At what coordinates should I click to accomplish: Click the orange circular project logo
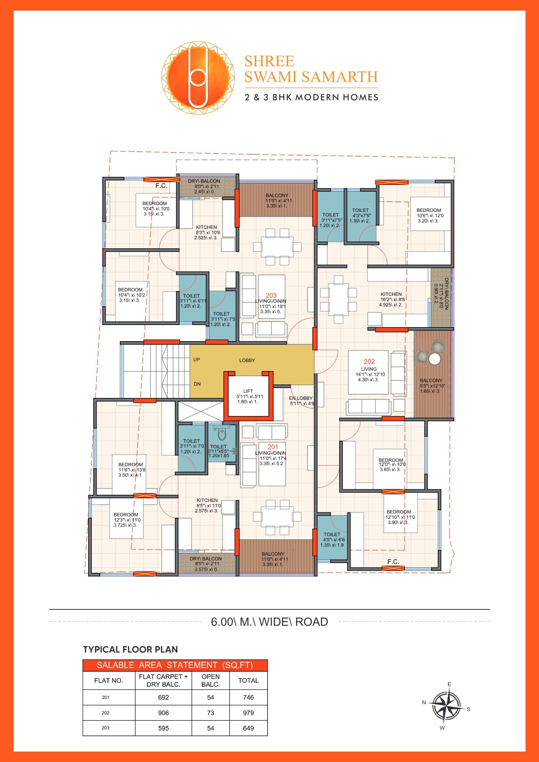pos(198,77)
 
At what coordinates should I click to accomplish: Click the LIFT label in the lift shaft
pos(248,391)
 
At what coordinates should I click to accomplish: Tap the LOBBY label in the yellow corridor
pos(247,360)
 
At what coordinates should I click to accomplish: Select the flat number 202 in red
pos(369,362)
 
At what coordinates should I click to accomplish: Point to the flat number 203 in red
pos(271,296)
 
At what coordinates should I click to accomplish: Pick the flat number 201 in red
pos(273,447)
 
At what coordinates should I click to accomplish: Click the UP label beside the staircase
pos(197,360)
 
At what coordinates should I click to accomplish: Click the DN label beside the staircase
pos(197,384)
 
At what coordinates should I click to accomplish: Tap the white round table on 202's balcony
pos(435,359)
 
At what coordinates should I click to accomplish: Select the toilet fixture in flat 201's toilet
pos(222,434)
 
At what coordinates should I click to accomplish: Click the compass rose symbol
pos(446,706)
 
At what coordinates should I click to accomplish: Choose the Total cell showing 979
pos(248,713)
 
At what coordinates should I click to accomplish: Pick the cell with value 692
pos(163,697)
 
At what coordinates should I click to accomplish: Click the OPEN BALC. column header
pos(211,680)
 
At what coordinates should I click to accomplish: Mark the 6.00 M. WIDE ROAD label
pos(269,622)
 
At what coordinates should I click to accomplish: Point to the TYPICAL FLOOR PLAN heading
pos(130,649)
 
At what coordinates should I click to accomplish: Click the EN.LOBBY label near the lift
pos(300,398)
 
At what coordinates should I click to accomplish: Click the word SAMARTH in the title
pos(340,77)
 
